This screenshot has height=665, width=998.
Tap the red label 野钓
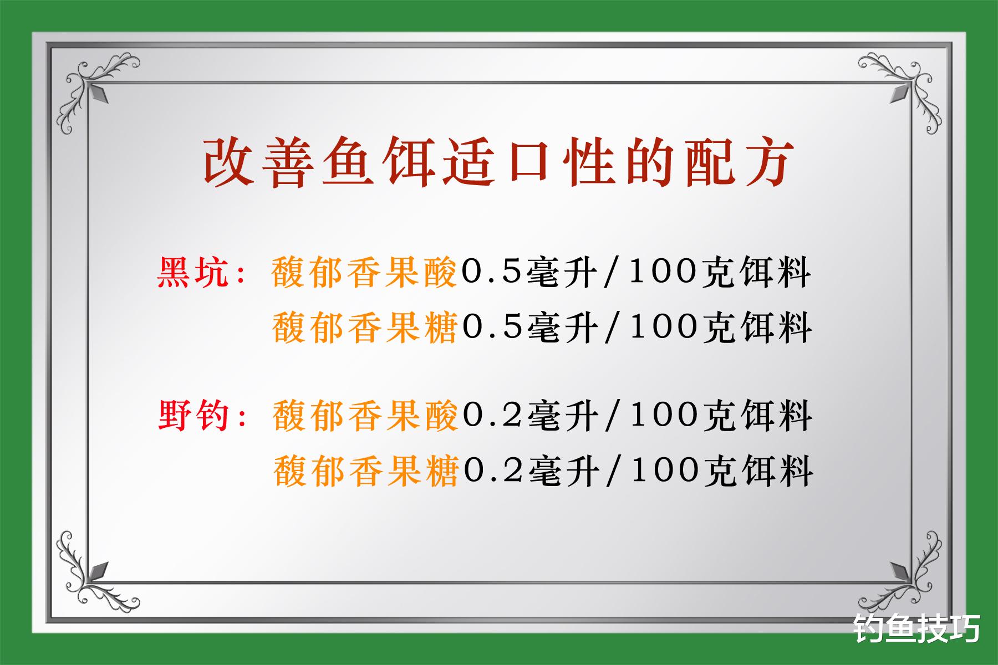click(194, 416)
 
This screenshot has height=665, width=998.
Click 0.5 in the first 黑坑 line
click(490, 273)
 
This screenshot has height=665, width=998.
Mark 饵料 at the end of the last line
click(776, 471)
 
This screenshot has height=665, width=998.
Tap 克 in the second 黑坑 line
click(720, 327)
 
